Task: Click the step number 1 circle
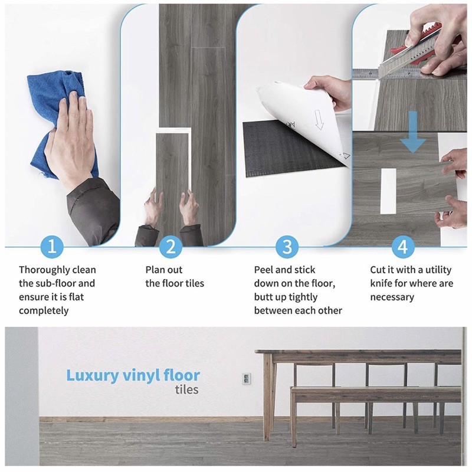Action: tap(52, 247)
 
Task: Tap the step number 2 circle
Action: tap(171, 247)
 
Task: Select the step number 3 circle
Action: tap(287, 247)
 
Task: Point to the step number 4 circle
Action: tap(403, 247)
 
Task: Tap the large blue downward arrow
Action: tap(413, 132)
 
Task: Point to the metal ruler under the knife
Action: tap(409, 73)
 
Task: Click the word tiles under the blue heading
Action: tap(186, 389)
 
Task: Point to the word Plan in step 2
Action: tap(155, 270)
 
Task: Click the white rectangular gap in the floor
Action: tap(388, 191)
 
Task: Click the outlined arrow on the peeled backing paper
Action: tap(319, 120)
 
